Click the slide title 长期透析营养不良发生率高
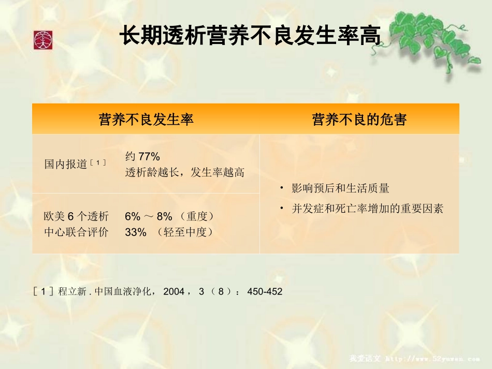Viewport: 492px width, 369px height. [x=250, y=37]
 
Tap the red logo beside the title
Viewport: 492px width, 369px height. [x=43, y=40]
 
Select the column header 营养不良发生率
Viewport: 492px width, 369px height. [x=146, y=120]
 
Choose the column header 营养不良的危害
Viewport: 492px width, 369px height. [x=359, y=120]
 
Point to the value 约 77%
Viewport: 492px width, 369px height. [x=142, y=156]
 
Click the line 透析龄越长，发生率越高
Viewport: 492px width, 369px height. [x=184, y=172]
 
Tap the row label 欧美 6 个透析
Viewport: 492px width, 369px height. [x=76, y=216]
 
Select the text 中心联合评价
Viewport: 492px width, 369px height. [x=76, y=232]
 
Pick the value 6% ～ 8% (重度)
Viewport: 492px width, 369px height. [x=169, y=216]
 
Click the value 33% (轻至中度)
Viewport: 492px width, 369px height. [x=169, y=232]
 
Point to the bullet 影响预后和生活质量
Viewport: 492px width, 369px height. [x=340, y=188]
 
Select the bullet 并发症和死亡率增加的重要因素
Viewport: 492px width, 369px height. [x=367, y=209]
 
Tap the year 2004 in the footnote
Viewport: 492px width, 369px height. [x=173, y=292]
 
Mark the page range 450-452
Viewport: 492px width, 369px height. [x=265, y=292]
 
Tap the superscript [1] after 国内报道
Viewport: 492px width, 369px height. [x=97, y=163]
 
